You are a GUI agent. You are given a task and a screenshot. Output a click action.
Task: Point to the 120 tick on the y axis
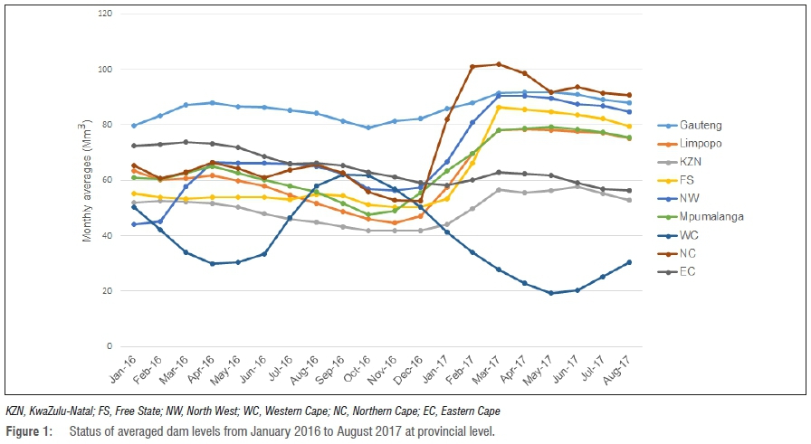(x=106, y=14)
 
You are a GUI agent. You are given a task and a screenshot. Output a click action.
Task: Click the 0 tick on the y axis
(x=110, y=346)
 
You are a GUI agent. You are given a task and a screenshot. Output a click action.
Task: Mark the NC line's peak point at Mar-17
(x=499, y=64)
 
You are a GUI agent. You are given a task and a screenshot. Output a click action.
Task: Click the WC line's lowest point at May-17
(x=549, y=293)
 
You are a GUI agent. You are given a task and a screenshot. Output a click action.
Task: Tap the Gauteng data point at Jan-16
(x=134, y=126)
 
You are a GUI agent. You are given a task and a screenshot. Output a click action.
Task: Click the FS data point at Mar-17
(x=499, y=108)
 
